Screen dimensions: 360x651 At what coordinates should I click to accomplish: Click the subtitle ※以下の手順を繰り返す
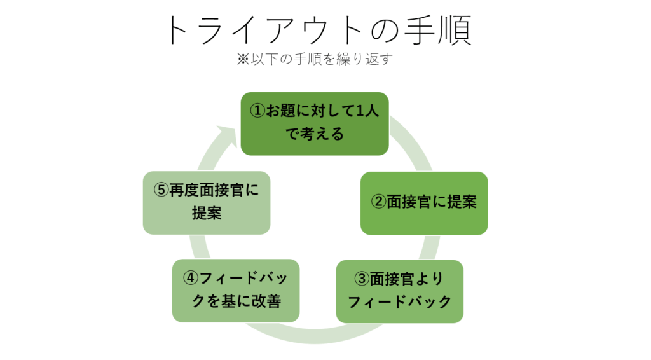pyautogui.click(x=316, y=59)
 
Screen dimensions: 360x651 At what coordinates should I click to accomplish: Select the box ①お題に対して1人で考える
pyautogui.click(x=315, y=123)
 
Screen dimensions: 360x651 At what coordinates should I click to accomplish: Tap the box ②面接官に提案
pyautogui.click(x=424, y=203)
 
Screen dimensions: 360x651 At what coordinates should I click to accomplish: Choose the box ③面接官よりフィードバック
pyautogui.click(x=399, y=291)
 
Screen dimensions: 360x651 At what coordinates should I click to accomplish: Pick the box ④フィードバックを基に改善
pyautogui.click(x=235, y=290)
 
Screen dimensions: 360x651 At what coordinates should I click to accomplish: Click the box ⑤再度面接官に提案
pyautogui.click(x=207, y=202)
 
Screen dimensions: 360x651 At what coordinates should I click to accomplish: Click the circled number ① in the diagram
pyautogui.click(x=257, y=112)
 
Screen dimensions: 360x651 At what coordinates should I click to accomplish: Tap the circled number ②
pyautogui.click(x=378, y=203)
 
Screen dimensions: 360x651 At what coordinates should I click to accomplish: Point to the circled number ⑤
pyautogui.click(x=161, y=191)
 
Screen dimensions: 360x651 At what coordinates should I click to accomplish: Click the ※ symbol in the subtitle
pyautogui.click(x=243, y=60)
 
